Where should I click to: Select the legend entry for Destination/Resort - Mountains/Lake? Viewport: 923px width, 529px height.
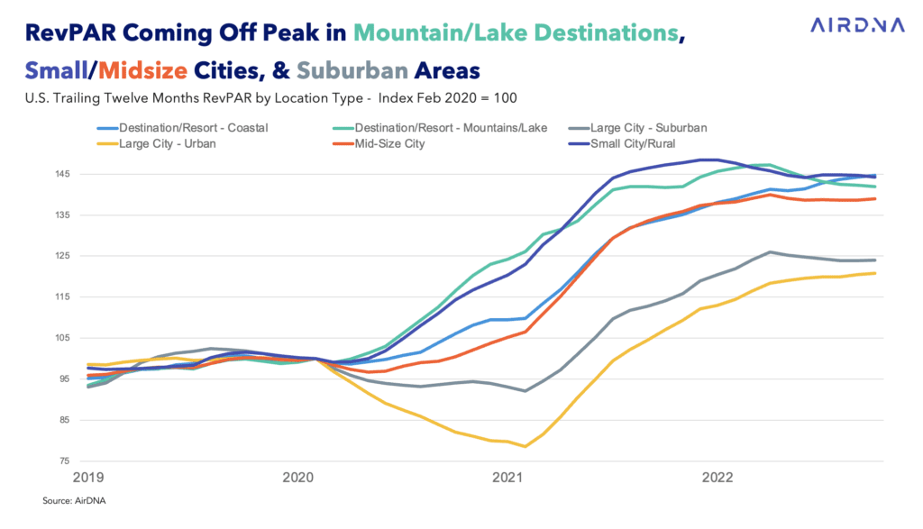(435, 127)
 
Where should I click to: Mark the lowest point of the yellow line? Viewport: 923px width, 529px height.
(524, 446)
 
